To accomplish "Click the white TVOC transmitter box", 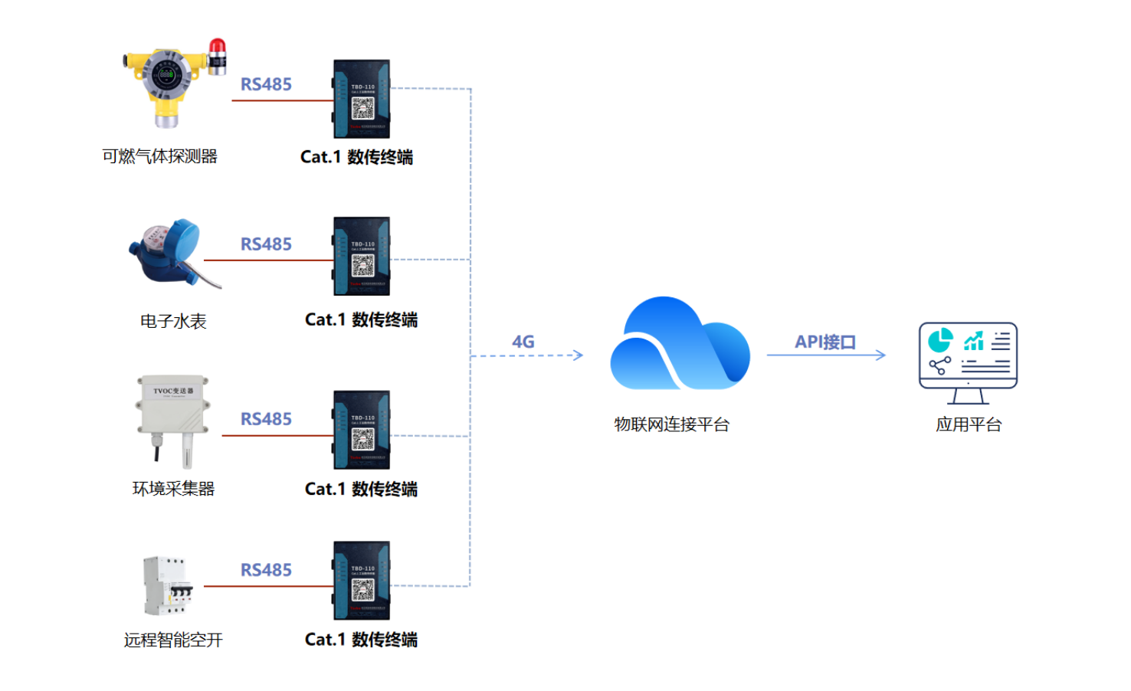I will [172, 404].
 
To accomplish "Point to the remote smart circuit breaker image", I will [166, 586].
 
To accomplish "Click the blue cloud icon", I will [679, 345].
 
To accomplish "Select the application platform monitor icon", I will [968, 362].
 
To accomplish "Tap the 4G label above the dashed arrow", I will [523, 342].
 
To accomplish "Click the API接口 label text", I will [824, 342].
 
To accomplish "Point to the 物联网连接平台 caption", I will [671, 424].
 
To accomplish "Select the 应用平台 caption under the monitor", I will [969, 424].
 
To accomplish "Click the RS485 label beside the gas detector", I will [266, 84].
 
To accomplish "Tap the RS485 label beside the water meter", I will [266, 244].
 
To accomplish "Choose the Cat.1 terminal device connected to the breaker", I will [362, 581].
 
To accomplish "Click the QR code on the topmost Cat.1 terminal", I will [362, 108].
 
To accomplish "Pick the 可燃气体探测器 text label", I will [160, 156].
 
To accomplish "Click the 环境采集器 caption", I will [173, 489].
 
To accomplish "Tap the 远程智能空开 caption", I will [173, 640].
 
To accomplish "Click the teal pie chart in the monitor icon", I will [940, 339].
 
